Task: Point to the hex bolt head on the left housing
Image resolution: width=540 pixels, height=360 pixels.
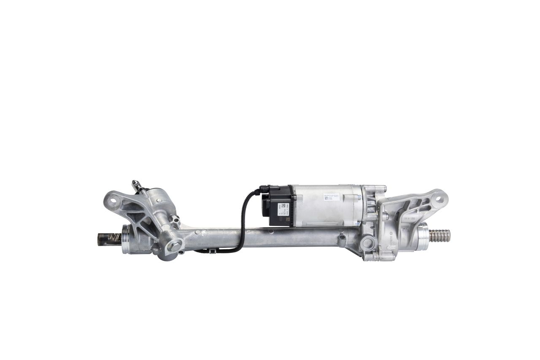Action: (x=173, y=244)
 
